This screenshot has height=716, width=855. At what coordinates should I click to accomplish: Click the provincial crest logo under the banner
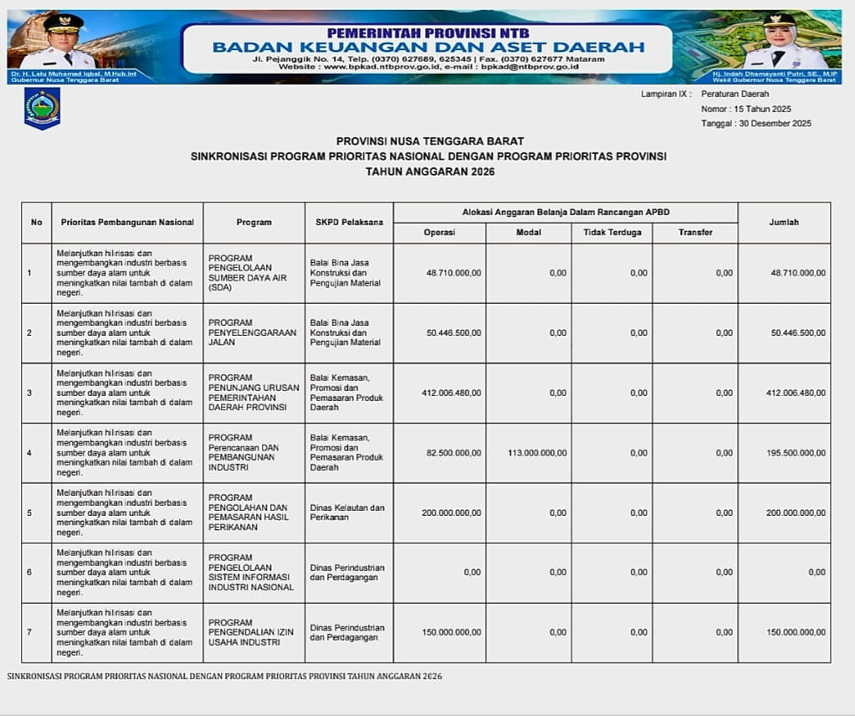click(42, 109)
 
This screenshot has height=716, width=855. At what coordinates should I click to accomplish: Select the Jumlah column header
click(784, 222)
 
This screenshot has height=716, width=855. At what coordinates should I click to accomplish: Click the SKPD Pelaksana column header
click(349, 222)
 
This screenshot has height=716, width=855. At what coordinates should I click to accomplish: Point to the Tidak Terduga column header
click(612, 232)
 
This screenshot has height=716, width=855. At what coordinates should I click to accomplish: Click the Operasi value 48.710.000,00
click(453, 273)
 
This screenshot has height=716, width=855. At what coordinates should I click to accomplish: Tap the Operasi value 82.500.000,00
click(453, 453)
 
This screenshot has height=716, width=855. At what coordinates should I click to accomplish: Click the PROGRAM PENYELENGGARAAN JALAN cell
click(252, 332)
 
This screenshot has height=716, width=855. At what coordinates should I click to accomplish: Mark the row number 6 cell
click(30, 573)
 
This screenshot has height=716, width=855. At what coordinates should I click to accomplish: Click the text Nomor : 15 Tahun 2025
click(745, 109)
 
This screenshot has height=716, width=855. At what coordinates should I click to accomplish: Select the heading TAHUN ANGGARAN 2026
click(430, 172)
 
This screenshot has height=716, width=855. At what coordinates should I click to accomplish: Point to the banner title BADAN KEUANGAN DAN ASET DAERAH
click(428, 47)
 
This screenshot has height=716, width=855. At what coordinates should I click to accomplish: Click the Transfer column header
click(695, 232)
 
